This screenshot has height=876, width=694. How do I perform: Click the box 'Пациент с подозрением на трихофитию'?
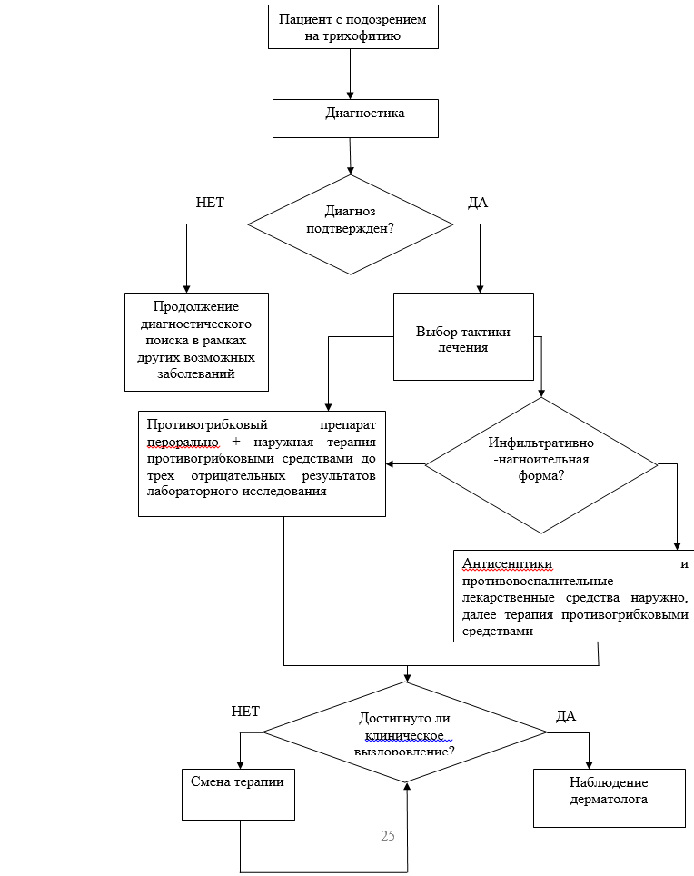click(x=353, y=27)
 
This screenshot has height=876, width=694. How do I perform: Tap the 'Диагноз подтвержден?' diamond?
click(x=351, y=219)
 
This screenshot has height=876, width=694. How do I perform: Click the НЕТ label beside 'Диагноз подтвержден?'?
click(x=210, y=202)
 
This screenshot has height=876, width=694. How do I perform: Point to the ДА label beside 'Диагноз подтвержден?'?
click(x=478, y=202)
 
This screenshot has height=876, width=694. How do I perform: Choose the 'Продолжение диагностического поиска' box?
click(x=196, y=341)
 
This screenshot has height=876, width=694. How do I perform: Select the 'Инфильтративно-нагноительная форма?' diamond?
click(x=541, y=460)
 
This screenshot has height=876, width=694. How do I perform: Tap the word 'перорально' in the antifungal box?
click(x=183, y=441)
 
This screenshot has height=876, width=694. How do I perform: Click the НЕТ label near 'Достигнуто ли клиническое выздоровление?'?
click(x=245, y=712)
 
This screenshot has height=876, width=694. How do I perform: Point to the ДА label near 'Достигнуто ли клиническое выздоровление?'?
click(x=566, y=716)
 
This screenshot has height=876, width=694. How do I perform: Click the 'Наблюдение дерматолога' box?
click(x=609, y=791)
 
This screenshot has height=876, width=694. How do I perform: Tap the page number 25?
click(x=388, y=836)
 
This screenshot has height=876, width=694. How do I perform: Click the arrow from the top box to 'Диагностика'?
click(x=350, y=73)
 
